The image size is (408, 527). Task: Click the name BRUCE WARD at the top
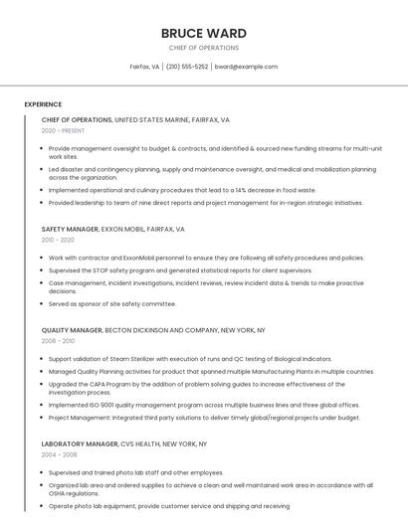[x=204, y=33]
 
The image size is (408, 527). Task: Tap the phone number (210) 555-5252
[x=187, y=67]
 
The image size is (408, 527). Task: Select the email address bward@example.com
[x=246, y=67]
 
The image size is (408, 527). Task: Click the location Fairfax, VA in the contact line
[x=144, y=67]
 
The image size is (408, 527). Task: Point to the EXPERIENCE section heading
[x=43, y=104]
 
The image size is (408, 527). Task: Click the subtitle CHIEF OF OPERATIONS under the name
[x=204, y=48]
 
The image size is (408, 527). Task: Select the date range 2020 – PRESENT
[x=63, y=130]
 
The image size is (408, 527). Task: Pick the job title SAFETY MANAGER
[x=70, y=229]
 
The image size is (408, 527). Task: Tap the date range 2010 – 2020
[x=58, y=240]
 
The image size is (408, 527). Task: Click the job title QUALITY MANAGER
[x=72, y=329]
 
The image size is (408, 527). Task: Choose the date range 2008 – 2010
[x=58, y=340]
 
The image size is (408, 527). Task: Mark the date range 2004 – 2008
[x=58, y=454]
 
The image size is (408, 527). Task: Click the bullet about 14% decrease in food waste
[x=182, y=190]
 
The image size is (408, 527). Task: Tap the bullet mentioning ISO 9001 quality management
[x=204, y=405]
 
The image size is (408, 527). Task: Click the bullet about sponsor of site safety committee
[x=111, y=303]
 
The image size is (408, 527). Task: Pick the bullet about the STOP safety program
[x=180, y=270]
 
